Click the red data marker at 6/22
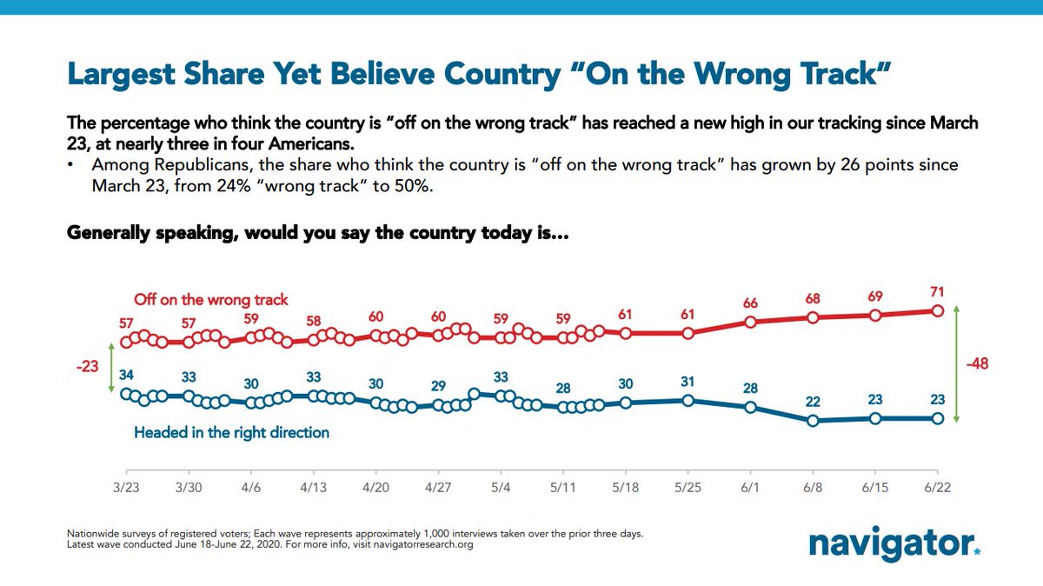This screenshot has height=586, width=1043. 938,310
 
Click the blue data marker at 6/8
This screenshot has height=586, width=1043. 813,421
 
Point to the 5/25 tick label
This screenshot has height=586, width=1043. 688,488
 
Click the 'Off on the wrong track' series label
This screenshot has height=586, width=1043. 211,300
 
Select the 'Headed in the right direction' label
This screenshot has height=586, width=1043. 231,432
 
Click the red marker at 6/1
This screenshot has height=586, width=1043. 750,323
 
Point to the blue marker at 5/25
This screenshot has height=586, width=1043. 688,400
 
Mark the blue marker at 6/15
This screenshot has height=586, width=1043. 875,418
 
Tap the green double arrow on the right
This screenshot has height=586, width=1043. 956,363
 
